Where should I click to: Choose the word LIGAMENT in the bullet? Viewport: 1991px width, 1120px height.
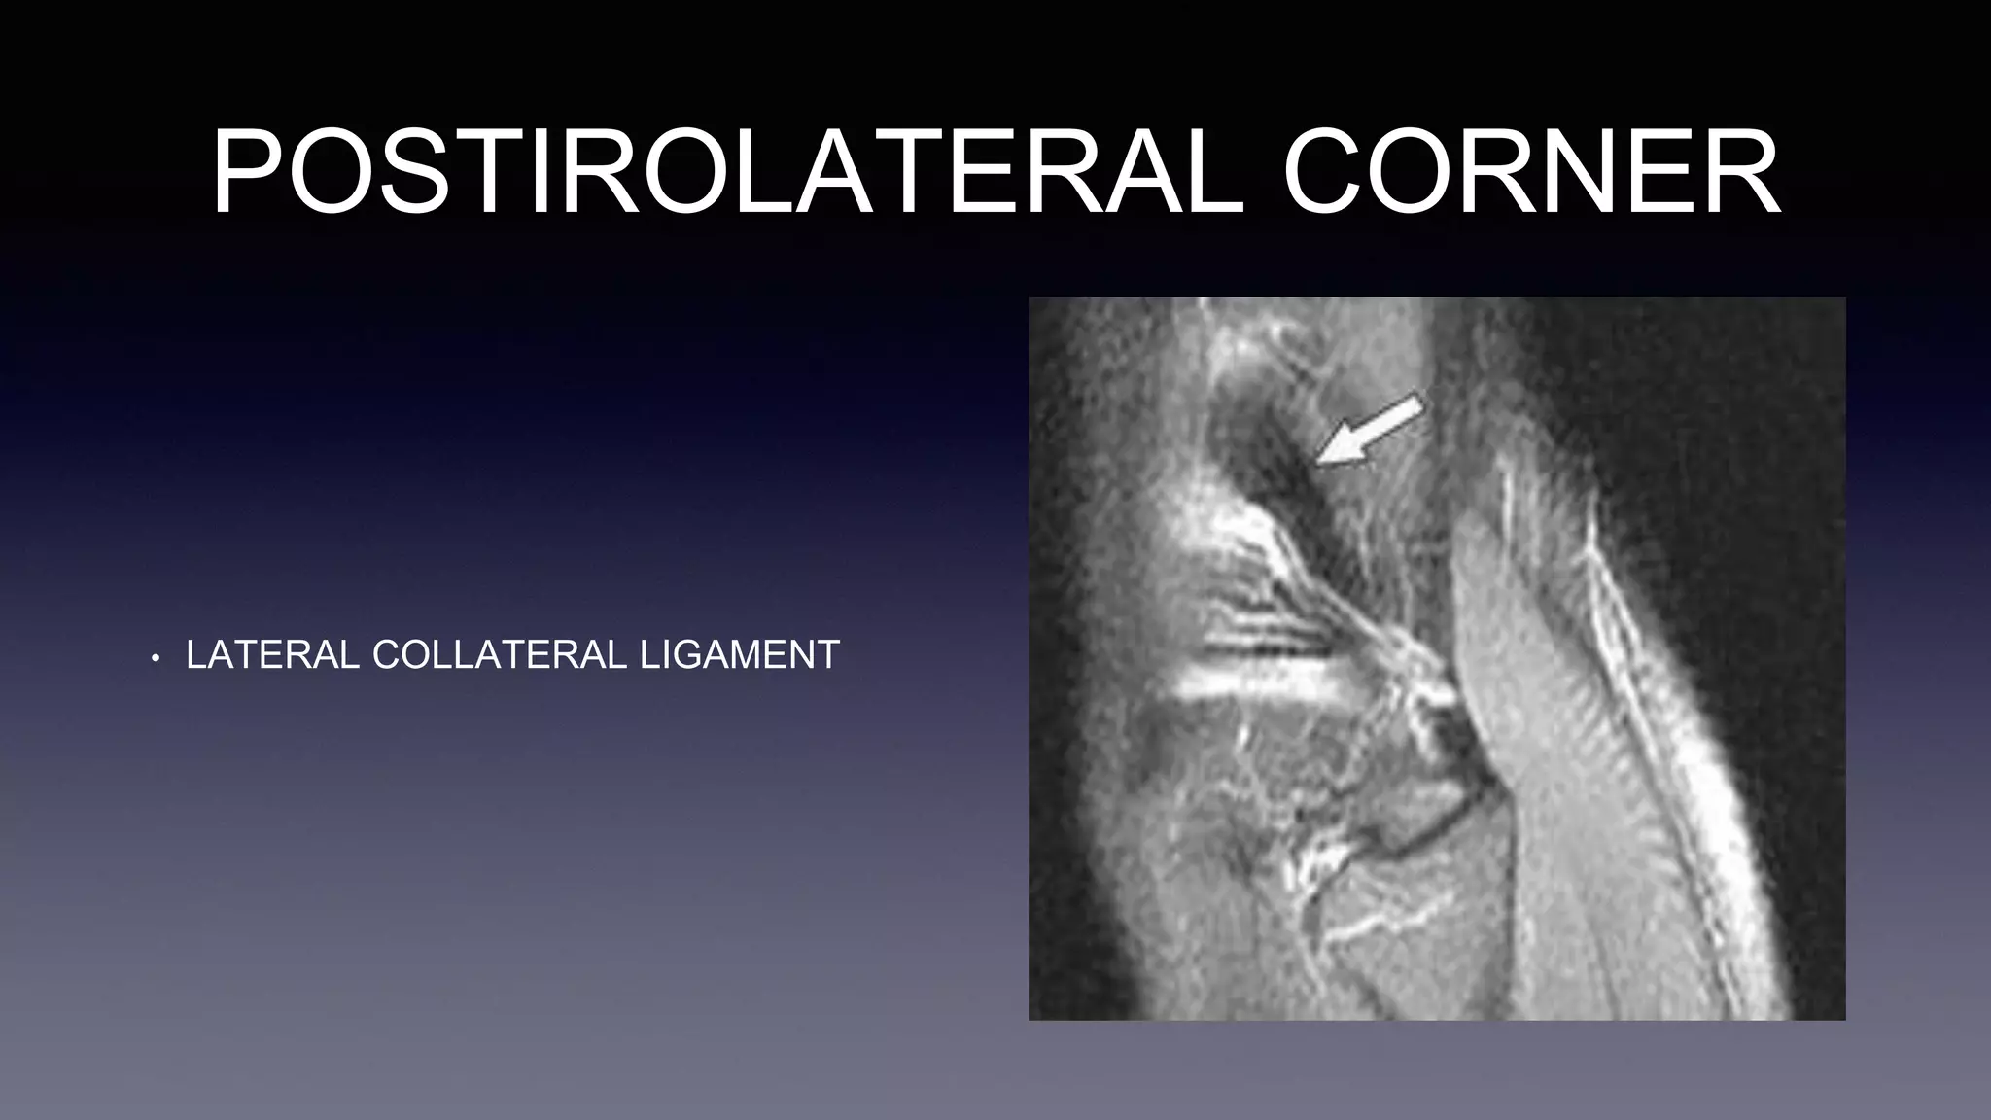740,655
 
